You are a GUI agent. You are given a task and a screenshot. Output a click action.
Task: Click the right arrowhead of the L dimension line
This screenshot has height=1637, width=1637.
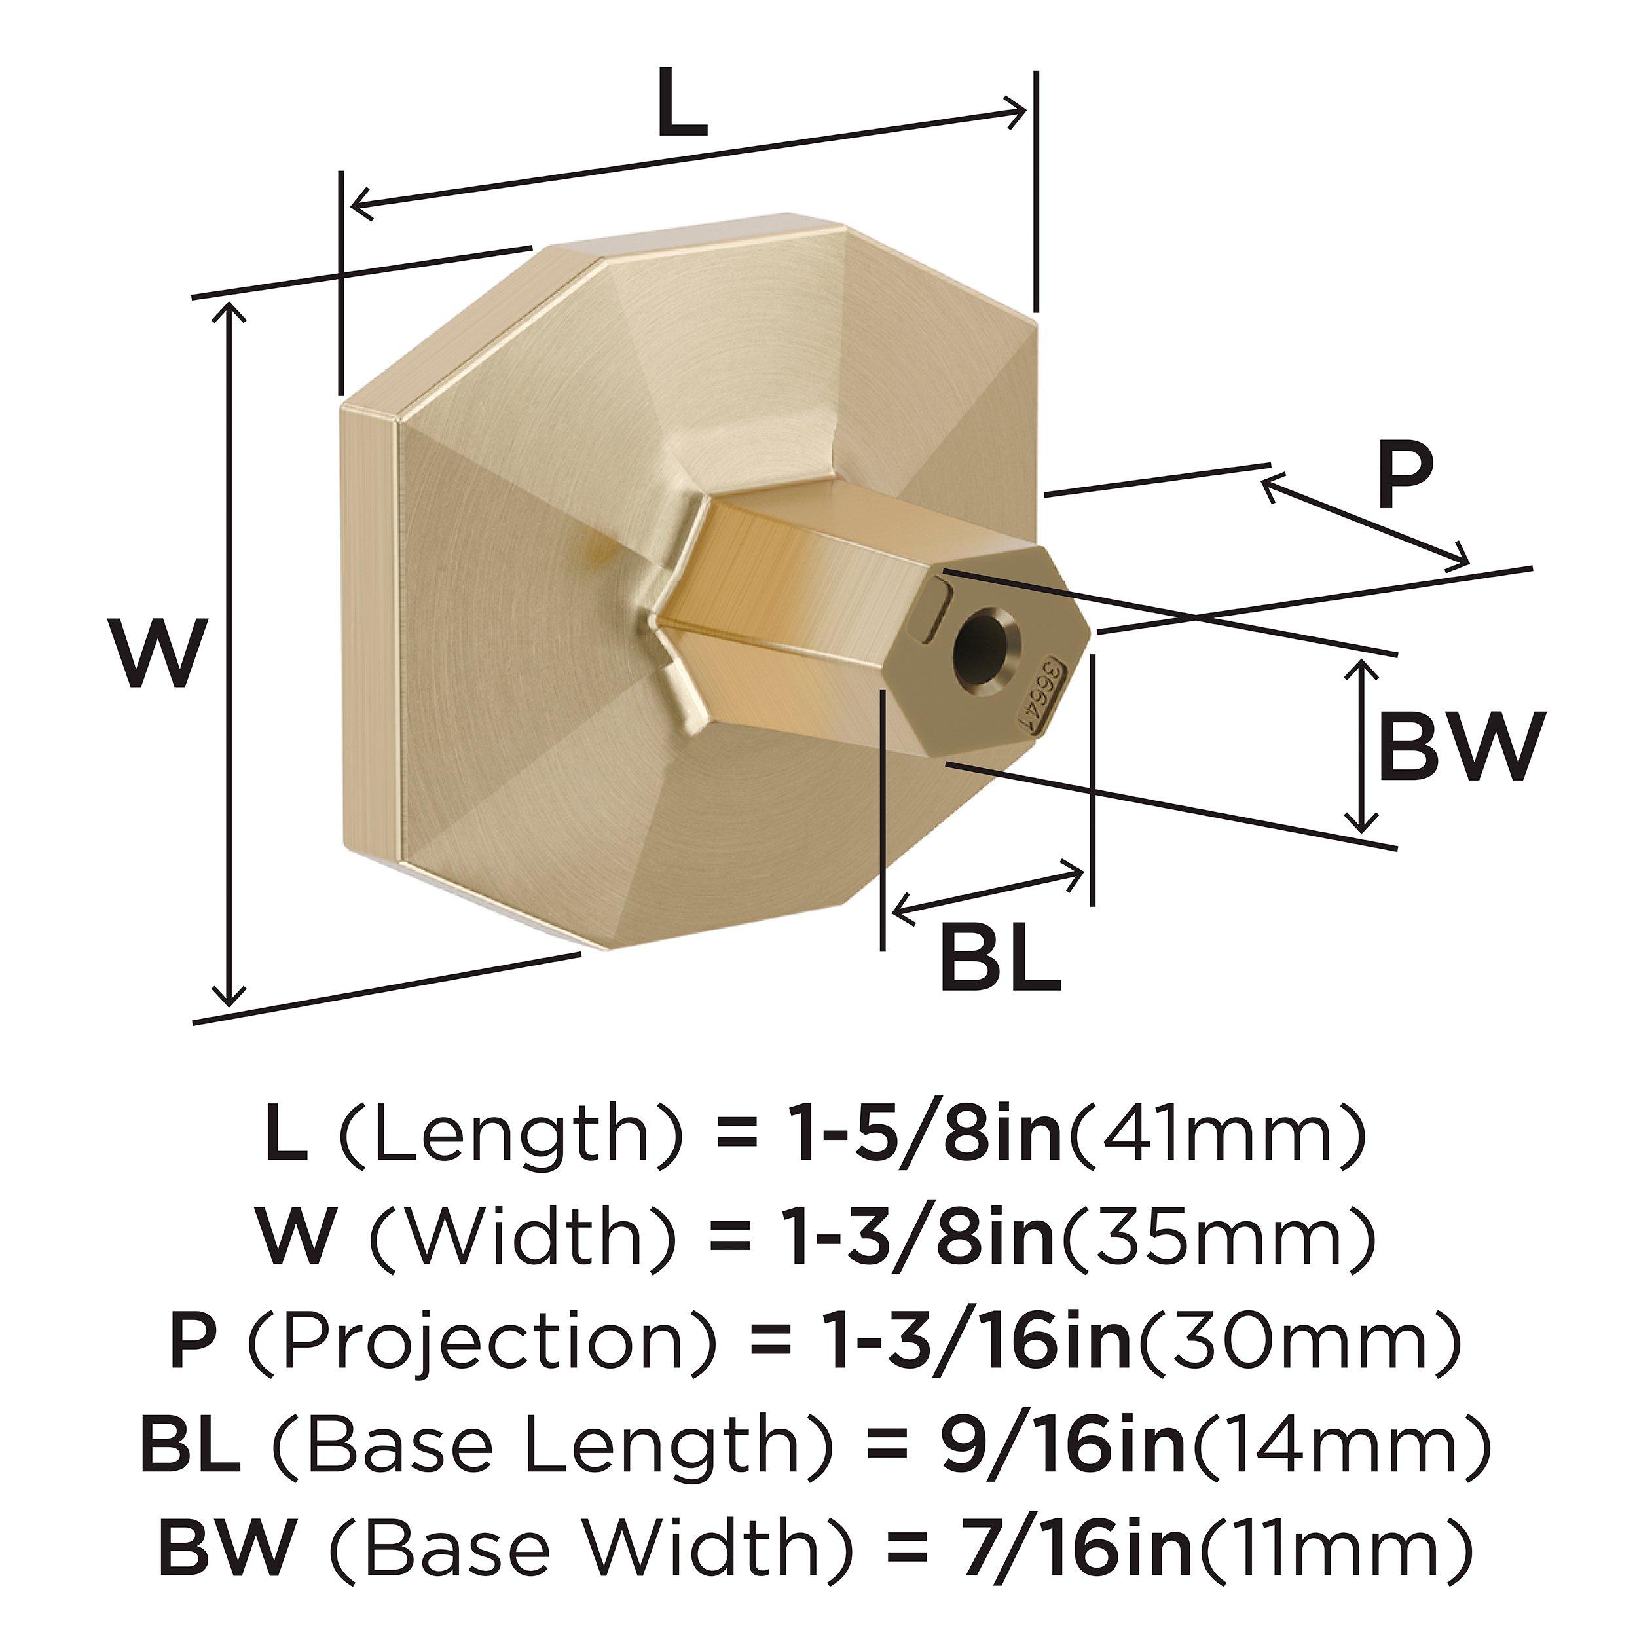click(x=1018, y=112)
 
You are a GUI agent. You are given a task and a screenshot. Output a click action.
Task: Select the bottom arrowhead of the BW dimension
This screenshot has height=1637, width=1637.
click(x=1360, y=822)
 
